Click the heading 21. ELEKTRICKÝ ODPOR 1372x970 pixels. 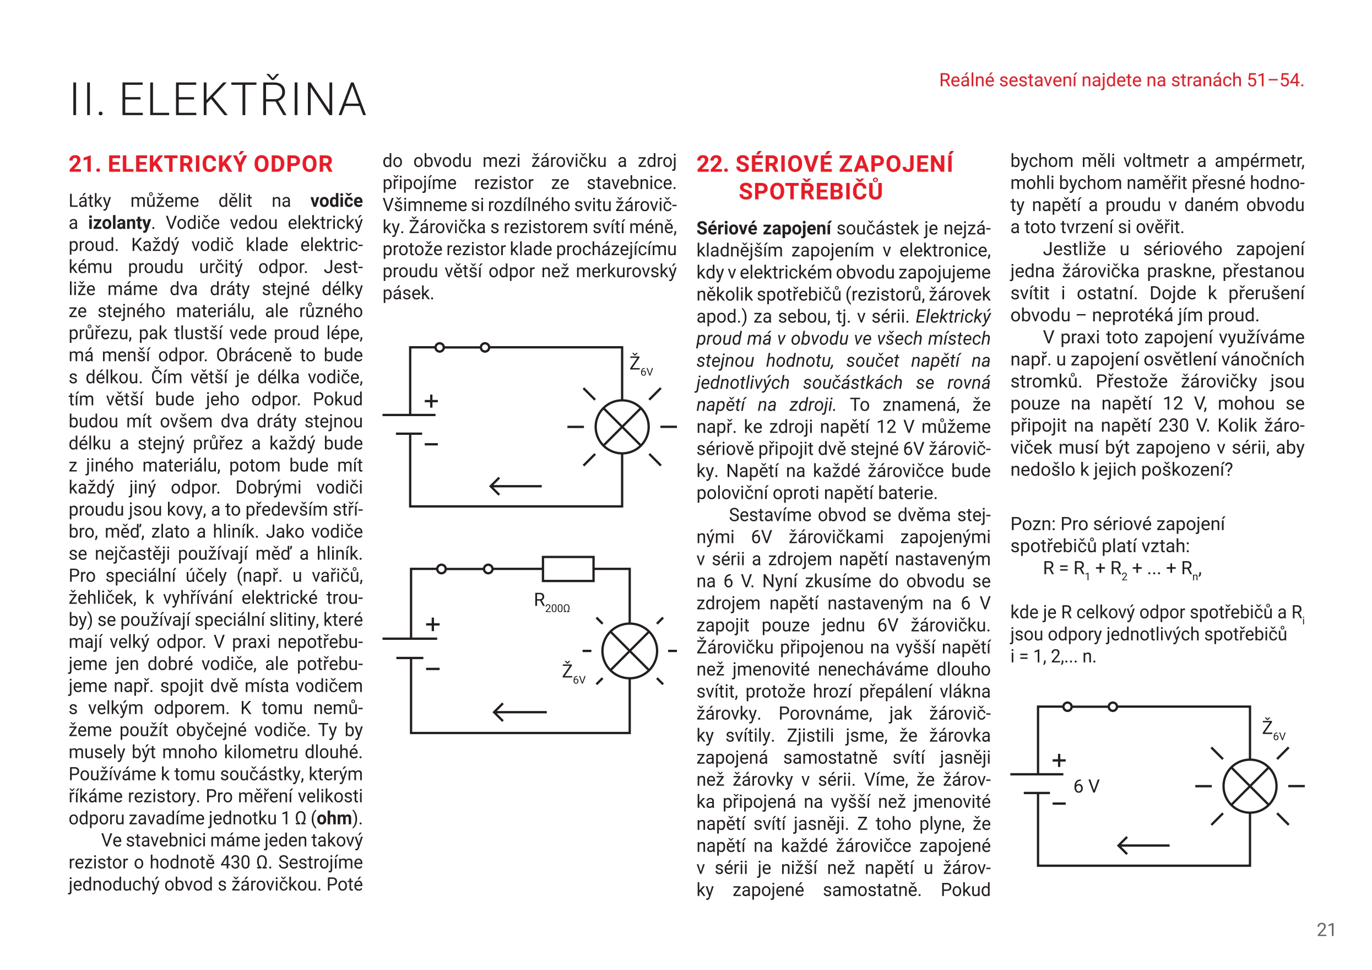click(201, 164)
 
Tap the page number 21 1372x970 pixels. click(1326, 929)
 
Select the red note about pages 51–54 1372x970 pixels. click(1121, 80)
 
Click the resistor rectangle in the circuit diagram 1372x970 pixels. click(568, 569)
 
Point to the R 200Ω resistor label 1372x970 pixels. click(551, 602)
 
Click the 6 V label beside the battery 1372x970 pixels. click(1086, 786)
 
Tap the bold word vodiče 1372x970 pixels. click(337, 201)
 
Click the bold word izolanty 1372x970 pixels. click(119, 223)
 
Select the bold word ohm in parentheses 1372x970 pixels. click(334, 818)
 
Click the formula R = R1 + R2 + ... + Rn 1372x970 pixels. click(1121, 568)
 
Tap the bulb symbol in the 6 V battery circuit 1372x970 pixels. click(1250, 786)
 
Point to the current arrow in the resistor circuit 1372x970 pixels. click(519, 712)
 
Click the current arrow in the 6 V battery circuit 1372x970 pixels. click(1142, 845)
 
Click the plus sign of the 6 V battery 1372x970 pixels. click(1059, 761)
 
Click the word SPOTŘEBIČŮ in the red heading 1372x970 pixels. click(810, 191)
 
